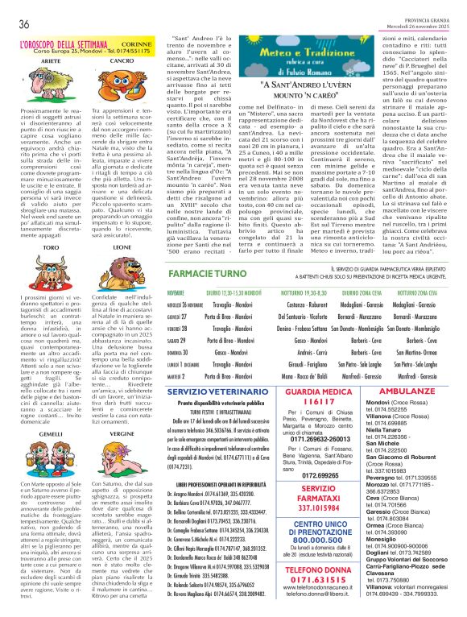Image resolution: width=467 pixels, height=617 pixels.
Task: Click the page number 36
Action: pyautogui.click(x=25, y=24)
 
